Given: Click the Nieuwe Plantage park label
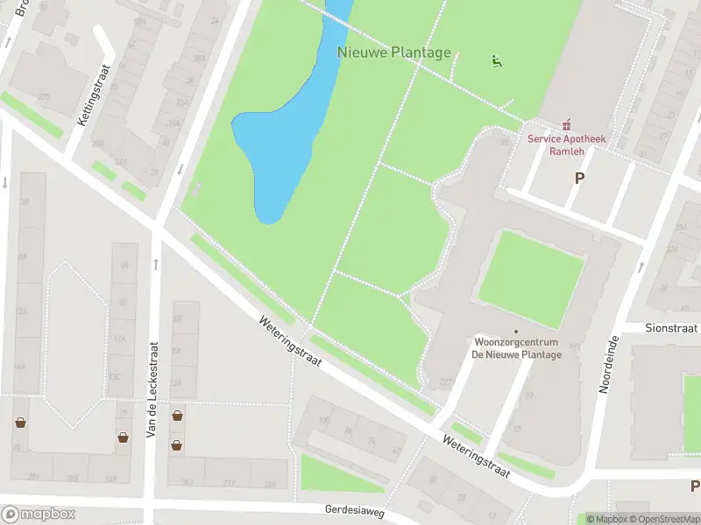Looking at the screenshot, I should click(394, 52).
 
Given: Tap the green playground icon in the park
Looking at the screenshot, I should click(497, 61).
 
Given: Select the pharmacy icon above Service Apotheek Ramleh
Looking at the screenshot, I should click(566, 124).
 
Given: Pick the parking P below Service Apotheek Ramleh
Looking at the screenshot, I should click(578, 178).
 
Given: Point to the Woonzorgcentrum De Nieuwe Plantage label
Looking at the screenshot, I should click(517, 347).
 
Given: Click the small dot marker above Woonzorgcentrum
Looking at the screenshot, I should click(516, 331).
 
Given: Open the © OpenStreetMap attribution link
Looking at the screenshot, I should click(662, 519).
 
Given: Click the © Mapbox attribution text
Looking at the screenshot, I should click(605, 519).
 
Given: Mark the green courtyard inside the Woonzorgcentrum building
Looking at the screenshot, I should click(530, 278).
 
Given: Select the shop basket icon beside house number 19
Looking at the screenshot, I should click(124, 437).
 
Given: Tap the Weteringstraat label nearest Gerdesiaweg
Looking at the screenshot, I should click(476, 457).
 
